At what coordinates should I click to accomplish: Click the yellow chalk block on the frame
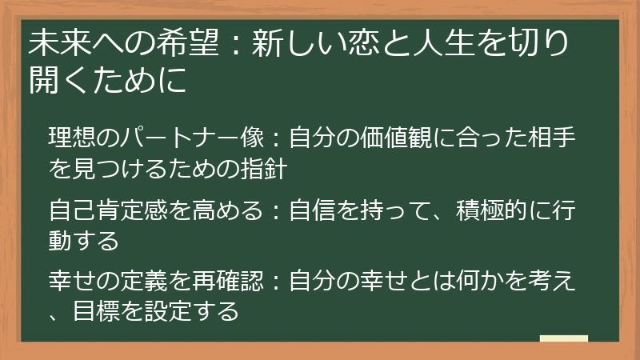[563, 338]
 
